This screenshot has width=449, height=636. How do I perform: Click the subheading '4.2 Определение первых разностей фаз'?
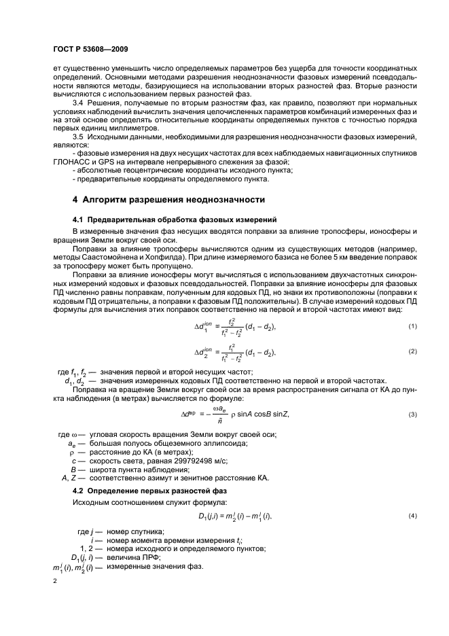coord(149,489)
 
